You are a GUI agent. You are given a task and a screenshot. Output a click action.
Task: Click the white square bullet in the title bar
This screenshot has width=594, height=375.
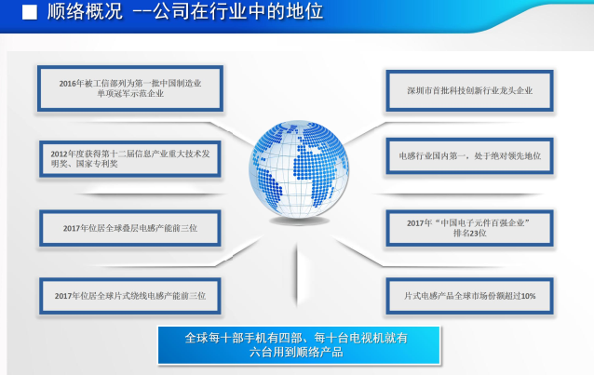[30, 12]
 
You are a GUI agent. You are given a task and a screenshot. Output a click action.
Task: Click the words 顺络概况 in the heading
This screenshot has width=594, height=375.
[85, 11]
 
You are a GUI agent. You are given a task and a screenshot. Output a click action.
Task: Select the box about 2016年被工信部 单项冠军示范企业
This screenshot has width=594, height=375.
[130, 88]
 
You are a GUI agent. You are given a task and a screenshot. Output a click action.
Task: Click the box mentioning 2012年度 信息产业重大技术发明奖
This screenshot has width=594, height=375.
[130, 159]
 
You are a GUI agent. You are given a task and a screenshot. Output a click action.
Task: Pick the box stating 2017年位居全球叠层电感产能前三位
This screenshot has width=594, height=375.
[130, 228]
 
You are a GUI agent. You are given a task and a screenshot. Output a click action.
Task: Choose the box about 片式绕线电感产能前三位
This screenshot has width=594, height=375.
[130, 296]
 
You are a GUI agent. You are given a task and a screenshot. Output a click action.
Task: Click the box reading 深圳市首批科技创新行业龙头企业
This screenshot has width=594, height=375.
[470, 90]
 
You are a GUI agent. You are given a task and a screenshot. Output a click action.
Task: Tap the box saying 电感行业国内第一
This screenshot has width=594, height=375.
[470, 155]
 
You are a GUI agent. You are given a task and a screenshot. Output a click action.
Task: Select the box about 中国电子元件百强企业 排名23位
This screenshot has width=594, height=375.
[470, 228]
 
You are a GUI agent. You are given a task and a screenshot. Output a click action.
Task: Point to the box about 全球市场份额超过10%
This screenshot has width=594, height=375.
[470, 296]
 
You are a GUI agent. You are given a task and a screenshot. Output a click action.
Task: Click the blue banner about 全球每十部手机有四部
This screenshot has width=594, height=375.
[299, 345]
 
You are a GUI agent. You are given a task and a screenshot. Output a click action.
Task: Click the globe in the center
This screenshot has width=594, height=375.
[299, 169]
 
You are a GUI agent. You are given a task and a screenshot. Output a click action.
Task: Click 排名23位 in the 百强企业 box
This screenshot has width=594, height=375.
[470, 233]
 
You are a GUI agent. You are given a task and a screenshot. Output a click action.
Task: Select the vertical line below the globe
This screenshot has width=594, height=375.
[297, 275]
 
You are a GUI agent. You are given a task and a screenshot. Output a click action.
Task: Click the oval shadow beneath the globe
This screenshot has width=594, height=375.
[299, 221]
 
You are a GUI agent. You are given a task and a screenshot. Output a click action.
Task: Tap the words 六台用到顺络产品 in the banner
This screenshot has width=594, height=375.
[296, 353]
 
